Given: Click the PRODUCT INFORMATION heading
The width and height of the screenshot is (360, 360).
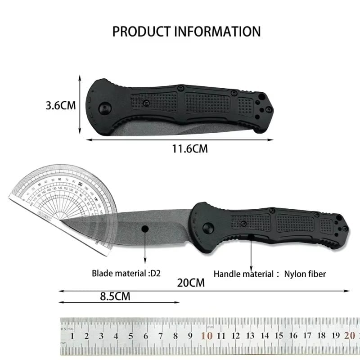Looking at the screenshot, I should coord(186,31).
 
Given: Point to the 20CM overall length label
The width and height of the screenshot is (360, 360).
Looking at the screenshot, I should coord(191,283).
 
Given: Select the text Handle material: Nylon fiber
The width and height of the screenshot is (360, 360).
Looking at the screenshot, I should coord(270,274).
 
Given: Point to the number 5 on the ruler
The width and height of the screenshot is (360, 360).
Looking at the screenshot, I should coord(131,336).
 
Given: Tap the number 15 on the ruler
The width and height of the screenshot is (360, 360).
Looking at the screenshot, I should coord(279,335).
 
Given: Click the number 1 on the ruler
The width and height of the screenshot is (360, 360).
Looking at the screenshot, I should coord(73,336).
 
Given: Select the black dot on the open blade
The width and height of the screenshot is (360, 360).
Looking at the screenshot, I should coord(145,229).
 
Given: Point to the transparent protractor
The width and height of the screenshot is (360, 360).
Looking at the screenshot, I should coord(54,193).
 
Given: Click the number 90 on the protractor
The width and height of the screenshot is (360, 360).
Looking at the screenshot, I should coord(79,184).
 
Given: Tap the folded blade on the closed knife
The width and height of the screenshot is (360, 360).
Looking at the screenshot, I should coord(148,129).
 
